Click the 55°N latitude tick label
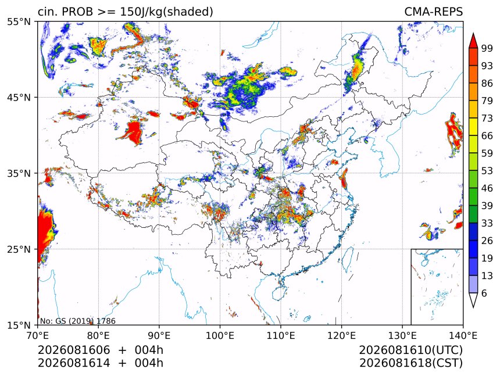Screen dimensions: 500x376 point(19,22)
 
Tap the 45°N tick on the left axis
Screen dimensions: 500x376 point(19,98)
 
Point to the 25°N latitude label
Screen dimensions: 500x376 point(19,249)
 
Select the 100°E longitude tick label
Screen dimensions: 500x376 point(220,335)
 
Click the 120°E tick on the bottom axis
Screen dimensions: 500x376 point(341,335)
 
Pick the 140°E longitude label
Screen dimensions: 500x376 point(463,335)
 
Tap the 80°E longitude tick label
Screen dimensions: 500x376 point(98,335)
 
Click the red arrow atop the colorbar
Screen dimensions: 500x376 point(473,41)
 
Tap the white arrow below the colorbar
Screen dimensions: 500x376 point(473,300)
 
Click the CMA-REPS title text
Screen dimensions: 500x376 point(433,12)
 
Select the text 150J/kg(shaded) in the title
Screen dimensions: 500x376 point(166,12)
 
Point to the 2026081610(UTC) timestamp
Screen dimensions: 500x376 point(410,350)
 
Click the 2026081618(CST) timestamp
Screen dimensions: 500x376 point(410,363)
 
